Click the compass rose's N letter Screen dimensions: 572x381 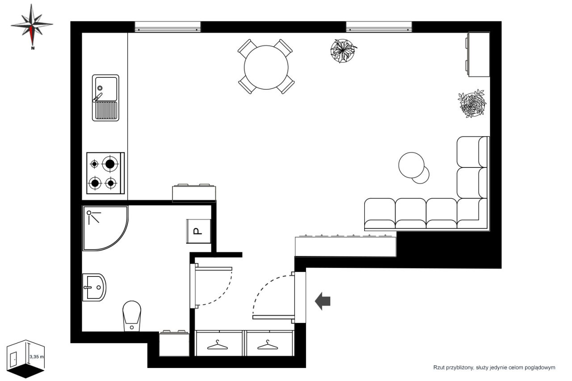(33, 48)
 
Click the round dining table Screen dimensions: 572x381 (266, 67)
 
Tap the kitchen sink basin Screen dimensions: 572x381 (106, 89)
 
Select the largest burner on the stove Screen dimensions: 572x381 (110, 164)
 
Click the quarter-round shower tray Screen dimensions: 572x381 (105, 228)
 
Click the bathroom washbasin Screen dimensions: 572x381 (94, 288)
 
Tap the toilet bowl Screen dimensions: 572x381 (132, 316)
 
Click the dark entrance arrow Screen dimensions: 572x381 (323, 301)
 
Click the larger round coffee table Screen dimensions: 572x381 (411, 165)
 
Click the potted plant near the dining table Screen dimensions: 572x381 (343, 51)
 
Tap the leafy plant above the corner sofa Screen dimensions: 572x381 (472, 103)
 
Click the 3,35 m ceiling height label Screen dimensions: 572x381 (37, 357)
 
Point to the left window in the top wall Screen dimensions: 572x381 (168, 27)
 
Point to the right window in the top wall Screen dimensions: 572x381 (379, 27)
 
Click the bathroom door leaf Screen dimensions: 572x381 (214, 269)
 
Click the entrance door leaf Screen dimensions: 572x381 (273, 317)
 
